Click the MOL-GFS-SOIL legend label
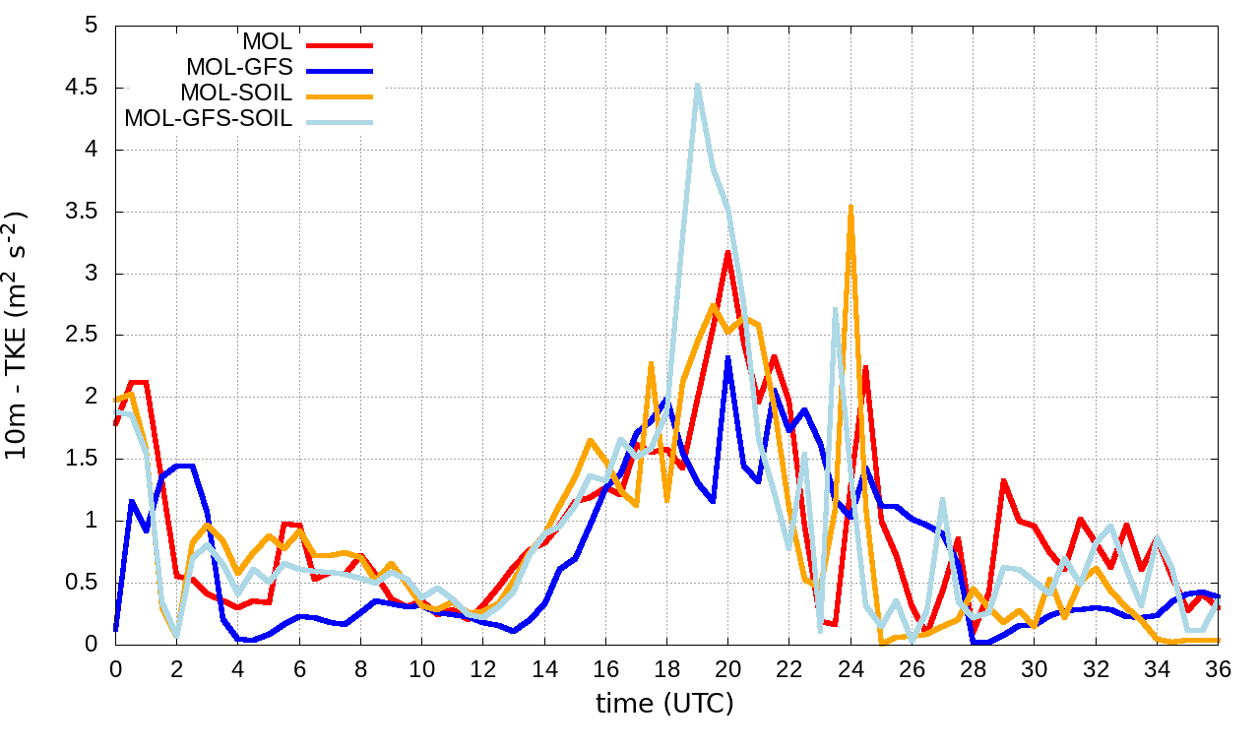tap(209, 120)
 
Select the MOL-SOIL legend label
tap(236, 94)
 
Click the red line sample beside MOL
tap(340, 44)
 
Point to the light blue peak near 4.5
tap(697, 86)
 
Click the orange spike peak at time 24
tap(850, 207)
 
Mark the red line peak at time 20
tap(727, 252)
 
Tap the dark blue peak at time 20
tap(727, 358)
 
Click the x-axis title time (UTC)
tap(664, 704)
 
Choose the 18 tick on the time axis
tap(666, 666)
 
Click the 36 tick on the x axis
tap(1219, 666)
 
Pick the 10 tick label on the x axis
tap(421, 666)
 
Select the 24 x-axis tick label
tap(850, 666)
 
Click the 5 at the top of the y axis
tap(94, 26)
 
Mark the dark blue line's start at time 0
tap(116, 628)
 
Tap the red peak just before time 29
tap(1003, 481)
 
